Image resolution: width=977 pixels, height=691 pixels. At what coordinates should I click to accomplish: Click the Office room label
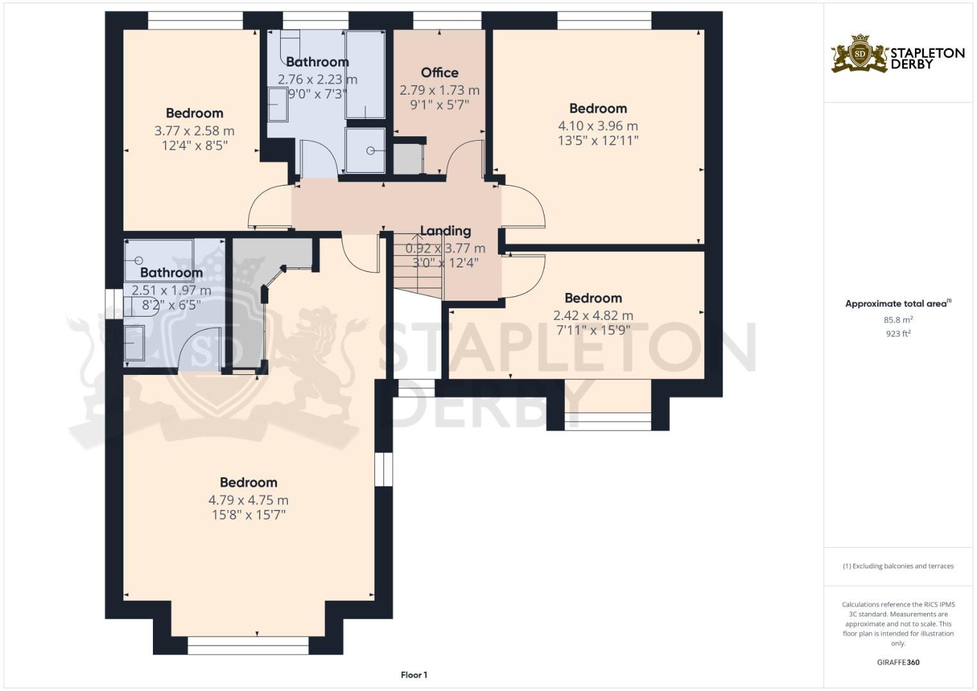click(440, 73)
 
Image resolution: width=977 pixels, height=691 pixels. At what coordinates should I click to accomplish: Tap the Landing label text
click(445, 231)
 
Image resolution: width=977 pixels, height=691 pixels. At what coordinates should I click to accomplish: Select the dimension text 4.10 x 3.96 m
click(598, 126)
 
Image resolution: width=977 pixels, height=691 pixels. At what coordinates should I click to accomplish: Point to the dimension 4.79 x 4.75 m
click(248, 500)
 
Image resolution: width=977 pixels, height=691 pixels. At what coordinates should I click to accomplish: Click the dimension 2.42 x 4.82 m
click(593, 315)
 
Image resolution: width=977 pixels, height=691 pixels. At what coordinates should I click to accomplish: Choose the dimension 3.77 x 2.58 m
click(194, 131)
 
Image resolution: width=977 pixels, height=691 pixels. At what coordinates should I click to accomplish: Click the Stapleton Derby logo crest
click(860, 54)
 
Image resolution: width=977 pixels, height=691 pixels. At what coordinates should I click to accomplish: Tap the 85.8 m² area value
click(898, 320)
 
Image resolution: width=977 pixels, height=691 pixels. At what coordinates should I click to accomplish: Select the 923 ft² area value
click(898, 333)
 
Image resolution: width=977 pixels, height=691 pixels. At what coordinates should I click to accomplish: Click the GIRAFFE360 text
click(898, 662)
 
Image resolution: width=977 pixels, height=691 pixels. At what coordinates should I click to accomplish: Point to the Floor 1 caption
click(414, 675)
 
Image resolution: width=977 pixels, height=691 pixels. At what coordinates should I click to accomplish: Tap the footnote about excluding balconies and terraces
click(898, 566)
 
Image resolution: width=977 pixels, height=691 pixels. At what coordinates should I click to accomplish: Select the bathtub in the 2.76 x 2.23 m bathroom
click(365, 74)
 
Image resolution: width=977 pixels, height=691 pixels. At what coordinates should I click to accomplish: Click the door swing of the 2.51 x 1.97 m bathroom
click(200, 349)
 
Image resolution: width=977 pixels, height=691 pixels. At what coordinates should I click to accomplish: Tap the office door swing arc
click(465, 157)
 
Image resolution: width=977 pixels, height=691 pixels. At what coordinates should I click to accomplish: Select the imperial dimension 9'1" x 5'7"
click(440, 104)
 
